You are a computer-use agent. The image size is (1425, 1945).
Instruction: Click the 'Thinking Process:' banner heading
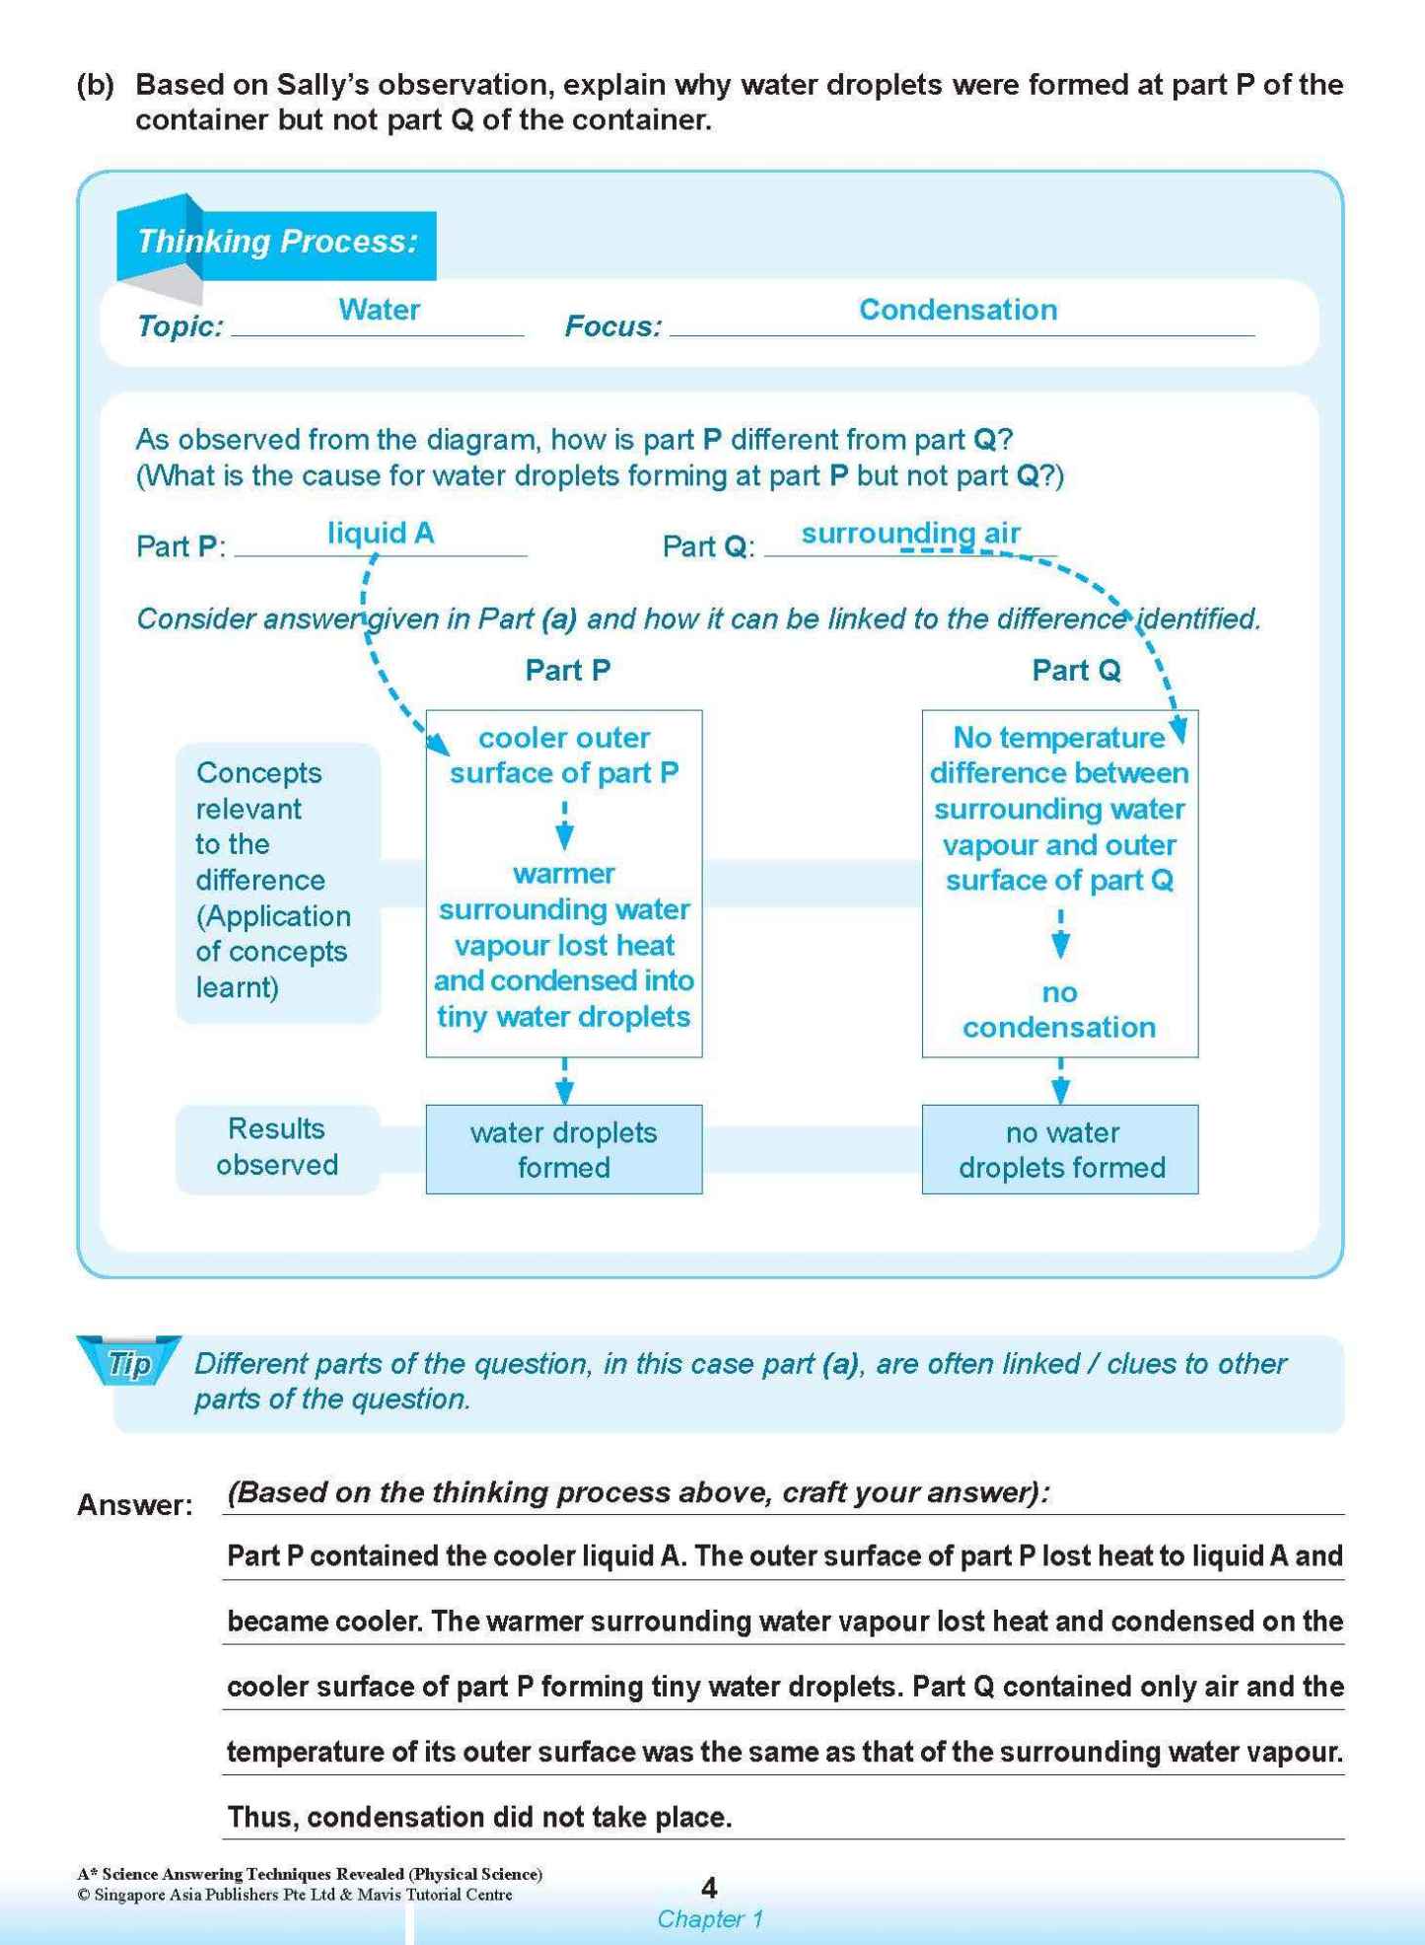coord(277,242)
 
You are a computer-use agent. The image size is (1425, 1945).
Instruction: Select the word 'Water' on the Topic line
coord(379,310)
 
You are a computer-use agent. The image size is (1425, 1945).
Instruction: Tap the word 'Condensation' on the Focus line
coord(957,310)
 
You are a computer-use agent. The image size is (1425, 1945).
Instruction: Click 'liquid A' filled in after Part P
coord(381,534)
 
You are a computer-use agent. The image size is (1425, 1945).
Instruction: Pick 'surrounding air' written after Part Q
coord(909,534)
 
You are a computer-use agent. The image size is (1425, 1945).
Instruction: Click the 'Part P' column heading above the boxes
coord(567,671)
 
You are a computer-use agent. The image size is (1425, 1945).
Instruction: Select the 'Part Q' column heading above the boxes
coord(1075,671)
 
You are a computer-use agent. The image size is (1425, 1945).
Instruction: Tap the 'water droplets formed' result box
coord(563,1149)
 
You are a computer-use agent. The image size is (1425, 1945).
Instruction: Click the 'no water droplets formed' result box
coord(1060,1149)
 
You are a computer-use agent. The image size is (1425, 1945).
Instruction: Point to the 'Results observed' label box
coord(277,1147)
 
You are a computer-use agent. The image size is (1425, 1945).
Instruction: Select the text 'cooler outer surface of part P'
coord(563,756)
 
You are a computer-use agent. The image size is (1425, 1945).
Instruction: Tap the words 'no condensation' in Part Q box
coord(1059,1010)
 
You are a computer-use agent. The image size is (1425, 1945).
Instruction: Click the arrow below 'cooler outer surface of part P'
coord(564,827)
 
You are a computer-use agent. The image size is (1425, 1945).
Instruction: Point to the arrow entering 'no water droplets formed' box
coord(1060,1082)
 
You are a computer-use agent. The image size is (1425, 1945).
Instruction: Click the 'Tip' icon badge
coord(129,1363)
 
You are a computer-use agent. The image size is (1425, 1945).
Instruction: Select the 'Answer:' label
coord(135,1505)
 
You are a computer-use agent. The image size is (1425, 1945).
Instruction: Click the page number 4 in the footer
coord(708,1888)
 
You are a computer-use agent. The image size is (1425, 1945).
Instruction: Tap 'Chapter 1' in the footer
coord(709,1919)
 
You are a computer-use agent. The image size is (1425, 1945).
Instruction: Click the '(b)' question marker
coord(97,85)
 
